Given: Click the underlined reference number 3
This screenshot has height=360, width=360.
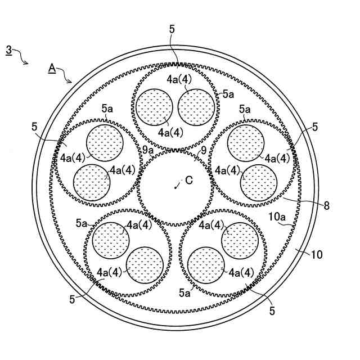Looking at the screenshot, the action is [x=8, y=50].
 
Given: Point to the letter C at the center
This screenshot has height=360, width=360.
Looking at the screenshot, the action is [x=189, y=181].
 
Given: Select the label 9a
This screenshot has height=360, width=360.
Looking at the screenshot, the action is [x=148, y=150].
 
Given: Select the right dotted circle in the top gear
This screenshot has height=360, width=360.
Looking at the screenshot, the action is [x=197, y=106].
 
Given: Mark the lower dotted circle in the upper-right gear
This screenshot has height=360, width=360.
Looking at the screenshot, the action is [x=259, y=183].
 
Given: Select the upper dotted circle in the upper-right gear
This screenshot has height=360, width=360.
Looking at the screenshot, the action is [x=245, y=142].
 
